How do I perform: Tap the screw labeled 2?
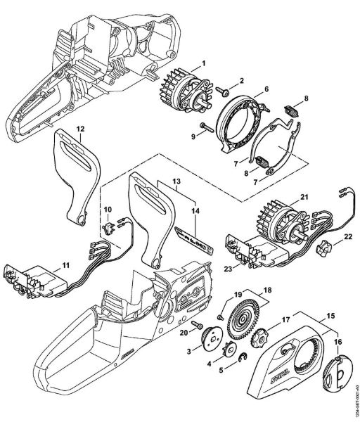(221, 89)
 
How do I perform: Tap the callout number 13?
(176, 181)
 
